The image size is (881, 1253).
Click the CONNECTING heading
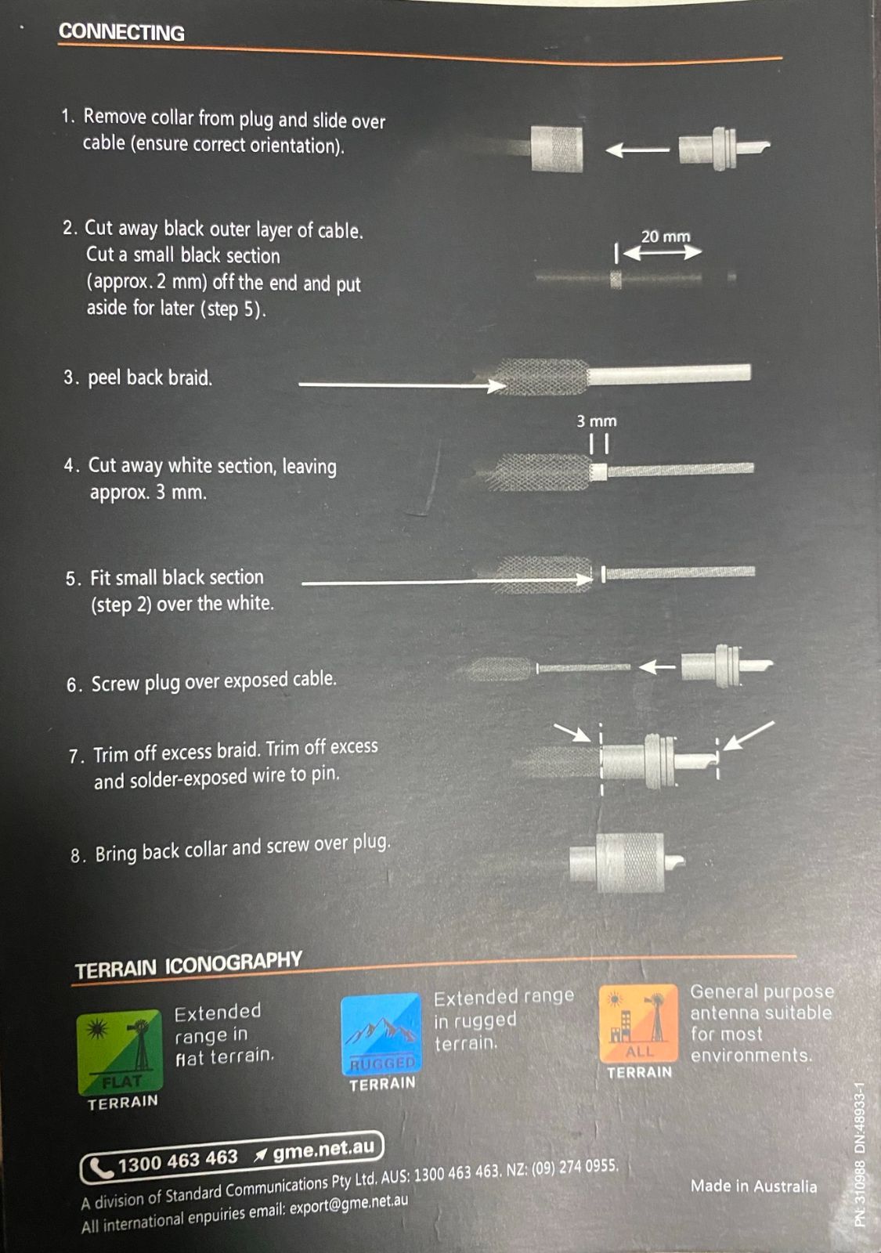pyautogui.click(x=121, y=32)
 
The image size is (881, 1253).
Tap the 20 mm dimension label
pyautogui.click(x=665, y=237)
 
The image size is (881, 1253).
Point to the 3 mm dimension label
pyautogui.click(x=596, y=421)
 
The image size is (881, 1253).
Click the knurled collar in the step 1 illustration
pyautogui.click(x=557, y=149)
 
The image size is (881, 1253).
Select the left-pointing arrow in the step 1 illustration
pyautogui.click(x=637, y=150)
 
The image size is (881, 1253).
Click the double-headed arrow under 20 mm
pyautogui.click(x=663, y=253)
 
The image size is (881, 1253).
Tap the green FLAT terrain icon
pyautogui.click(x=119, y=1053)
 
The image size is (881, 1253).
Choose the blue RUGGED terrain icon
pyautogui.click(x=381, y=1035)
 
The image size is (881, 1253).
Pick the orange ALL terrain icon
pyautogui.click(x=638, y=1023)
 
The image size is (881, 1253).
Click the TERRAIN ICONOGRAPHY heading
pyautogui.click(x=189, y=966)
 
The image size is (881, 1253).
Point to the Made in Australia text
pyautogui.click(x=753, y=1186)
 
